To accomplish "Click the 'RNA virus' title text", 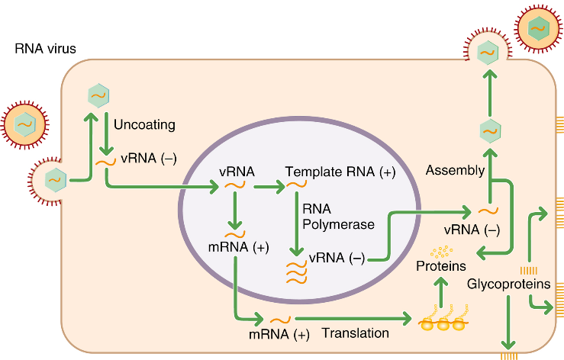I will pos(45,49).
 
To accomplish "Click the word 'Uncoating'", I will pos(144,124).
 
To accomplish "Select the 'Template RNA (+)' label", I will pos(340,172).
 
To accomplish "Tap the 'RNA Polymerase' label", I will pos(327,216).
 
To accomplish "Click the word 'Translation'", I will pos(355,333).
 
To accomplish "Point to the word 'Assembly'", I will pos(455,170).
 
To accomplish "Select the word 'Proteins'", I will pos(440,266).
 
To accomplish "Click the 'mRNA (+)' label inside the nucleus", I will pos(238,248).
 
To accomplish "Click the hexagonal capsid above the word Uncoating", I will pos(98,96).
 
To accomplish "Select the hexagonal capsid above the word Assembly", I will pos(489,130).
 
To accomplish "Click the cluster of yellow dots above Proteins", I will pos(440,251).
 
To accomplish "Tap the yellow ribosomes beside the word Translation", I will pos(443,322).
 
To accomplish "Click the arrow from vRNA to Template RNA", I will pos(268,185).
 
